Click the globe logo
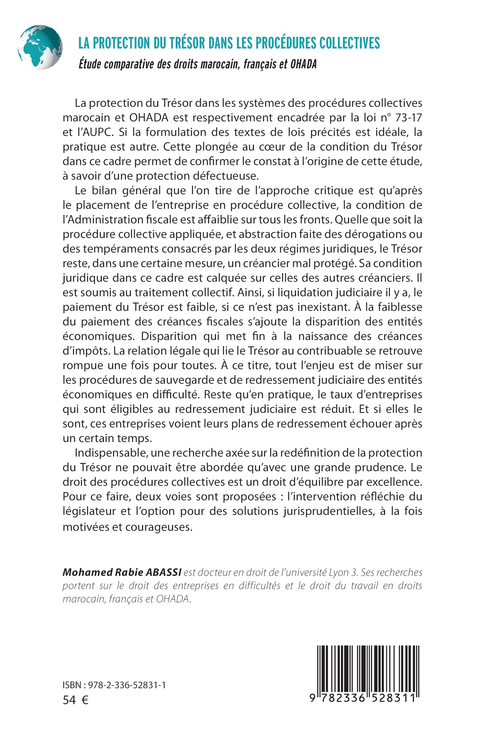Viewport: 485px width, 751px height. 40,47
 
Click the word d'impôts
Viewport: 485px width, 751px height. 86,351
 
